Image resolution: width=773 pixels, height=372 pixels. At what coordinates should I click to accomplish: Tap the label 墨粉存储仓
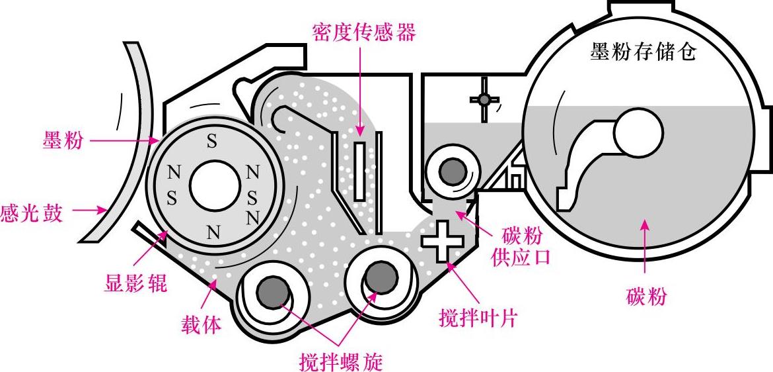pyautogui.click(x=642, y=53)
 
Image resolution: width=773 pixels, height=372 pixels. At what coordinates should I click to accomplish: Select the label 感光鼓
pyautogui.click(x=32, y=213)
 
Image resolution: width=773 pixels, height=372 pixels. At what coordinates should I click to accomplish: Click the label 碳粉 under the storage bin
pyautogui.click(x=645, y=297)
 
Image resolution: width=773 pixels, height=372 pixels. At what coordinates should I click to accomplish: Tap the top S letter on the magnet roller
pyautogui.click(x=211, y=142)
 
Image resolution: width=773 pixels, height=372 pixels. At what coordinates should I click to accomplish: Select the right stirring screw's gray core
pyautogui.click(x=379, y=275)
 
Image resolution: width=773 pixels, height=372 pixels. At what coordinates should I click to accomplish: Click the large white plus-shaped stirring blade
pyautogui.click(x=443, y=240)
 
